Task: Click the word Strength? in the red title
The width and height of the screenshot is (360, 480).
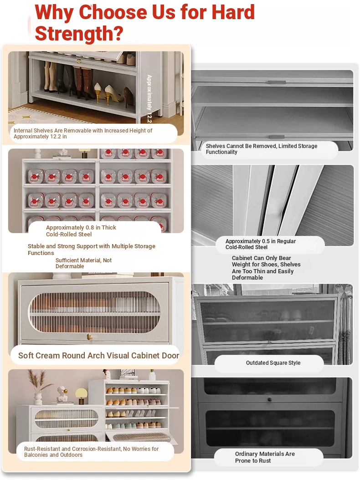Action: pos(79,34)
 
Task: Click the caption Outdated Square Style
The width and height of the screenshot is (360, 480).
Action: pos(273,363)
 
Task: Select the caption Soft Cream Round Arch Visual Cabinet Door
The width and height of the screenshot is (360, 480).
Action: pos(98,355)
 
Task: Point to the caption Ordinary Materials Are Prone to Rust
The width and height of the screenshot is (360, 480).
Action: pos(265,457)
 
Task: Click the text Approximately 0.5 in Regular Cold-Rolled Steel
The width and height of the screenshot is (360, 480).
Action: pos(260,244)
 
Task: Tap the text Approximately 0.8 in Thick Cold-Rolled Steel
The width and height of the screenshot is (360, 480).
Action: pos(81,231)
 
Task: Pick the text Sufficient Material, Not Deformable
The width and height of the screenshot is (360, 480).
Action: pos(83,263)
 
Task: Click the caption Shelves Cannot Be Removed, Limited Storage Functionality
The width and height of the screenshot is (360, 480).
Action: pos(262,149)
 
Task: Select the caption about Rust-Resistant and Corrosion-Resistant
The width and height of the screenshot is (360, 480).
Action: pos(91,452)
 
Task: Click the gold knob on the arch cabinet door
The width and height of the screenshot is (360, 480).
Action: pos(90,337)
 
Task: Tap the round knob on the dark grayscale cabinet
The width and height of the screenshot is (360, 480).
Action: pos(270,399)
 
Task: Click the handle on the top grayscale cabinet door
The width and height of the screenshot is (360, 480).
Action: pos(277,82)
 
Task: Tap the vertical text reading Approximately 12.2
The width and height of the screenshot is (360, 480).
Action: pos(149,98)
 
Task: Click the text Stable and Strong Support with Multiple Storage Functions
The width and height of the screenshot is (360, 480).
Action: pos(91,250)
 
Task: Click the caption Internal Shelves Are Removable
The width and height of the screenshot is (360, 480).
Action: pos(83,133)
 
